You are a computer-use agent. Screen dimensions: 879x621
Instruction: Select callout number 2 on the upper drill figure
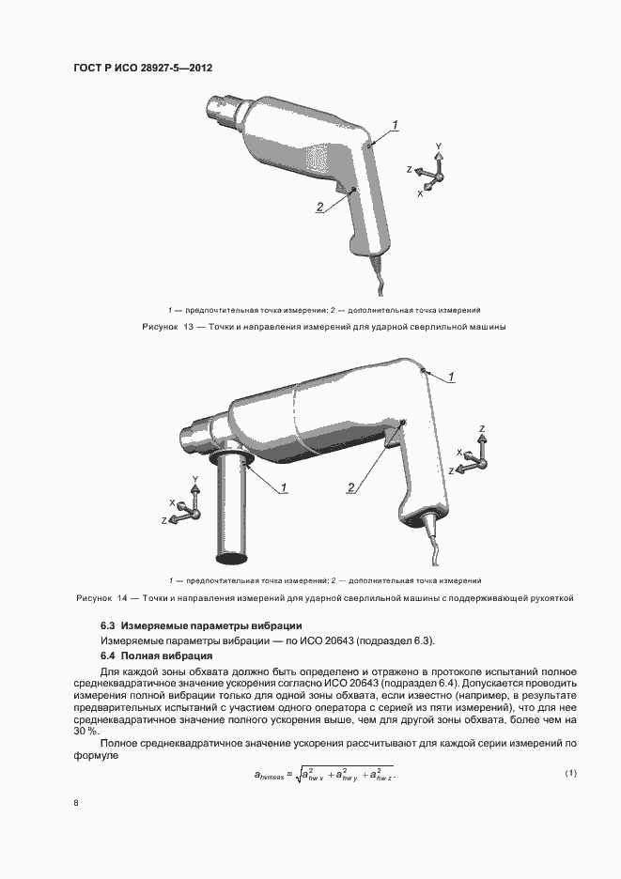pyautogui.click(x=320, y=207)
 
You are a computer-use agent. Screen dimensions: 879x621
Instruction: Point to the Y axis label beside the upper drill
pyautogui.click(x=438, y=146)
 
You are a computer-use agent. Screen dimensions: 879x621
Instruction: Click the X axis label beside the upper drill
pyautogui.click(x=420, y=193)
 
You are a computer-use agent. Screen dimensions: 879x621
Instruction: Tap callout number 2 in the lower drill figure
pyautogui.click(x=351, y=486)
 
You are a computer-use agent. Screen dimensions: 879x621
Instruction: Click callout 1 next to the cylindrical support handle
pyautogui.click(x=283, y=486)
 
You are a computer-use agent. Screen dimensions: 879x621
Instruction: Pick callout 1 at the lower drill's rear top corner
pyautogui.click(x=452, y=377)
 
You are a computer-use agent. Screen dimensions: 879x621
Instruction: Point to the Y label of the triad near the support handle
pyautogui.click(x=194, y=480)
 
